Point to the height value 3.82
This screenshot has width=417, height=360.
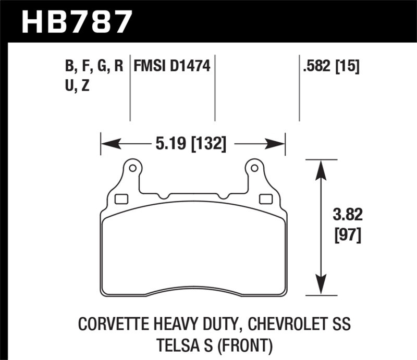click(x=346, y=215)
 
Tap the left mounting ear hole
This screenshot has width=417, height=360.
click(x=132, y=168)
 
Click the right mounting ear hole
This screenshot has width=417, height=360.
click(x=254, y=168)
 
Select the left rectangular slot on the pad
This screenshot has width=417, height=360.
click(x=121, y=198)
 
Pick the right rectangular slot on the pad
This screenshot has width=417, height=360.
click(x=265, y=198)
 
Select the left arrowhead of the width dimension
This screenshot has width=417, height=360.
click(x=107, y=143)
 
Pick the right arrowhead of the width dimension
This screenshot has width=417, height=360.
click(x=279, y=143)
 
